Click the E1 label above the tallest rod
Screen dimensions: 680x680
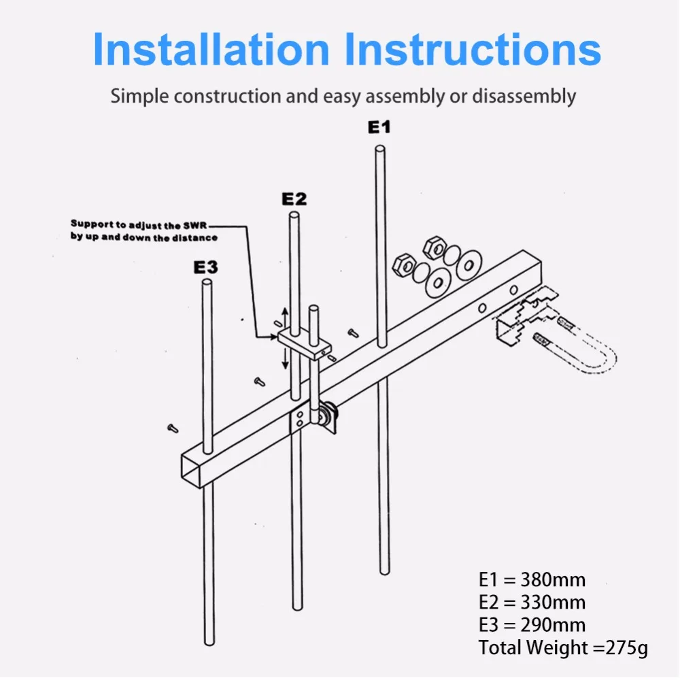tap(379, 127)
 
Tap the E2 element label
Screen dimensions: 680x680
tap(294, 199)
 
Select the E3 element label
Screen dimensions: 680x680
tap(205, 267)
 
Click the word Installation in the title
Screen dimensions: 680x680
tap(211, 49)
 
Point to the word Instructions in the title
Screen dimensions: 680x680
tap(473, 49)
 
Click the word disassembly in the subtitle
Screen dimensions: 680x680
tap(524, 97)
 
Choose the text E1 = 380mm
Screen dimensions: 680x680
tap(532, 580)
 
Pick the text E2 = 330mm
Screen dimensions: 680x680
tap(532, 602)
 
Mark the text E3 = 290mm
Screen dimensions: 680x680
tap(532, 625)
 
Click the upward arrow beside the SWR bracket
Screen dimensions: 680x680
tap(285, 317)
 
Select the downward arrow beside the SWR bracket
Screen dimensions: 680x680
tap(285, 358)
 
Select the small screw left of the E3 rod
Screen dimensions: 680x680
tap(173, 428)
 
